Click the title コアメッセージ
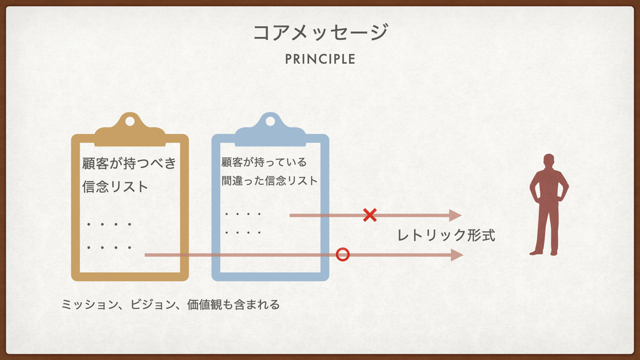pos(320,32)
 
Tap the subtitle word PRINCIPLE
pos(320,59)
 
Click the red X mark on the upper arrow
pos(369,215)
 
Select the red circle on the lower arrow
pos(343,255)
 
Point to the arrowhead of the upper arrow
pos(455,215)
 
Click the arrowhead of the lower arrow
pos(457,255)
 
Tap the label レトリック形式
pos(446,234)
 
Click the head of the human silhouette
pos(548,161)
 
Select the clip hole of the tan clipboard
pos(130,121)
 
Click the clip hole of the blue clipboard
pos(270,121)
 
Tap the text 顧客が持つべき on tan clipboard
pos(129,163)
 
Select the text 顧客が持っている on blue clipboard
pos(264,162)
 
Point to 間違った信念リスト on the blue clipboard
pos(269,180)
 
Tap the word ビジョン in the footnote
pos(151,305)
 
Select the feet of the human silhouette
pos(544,252)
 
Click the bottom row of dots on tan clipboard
pos(109,247)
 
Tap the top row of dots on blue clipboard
pos(243,214)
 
